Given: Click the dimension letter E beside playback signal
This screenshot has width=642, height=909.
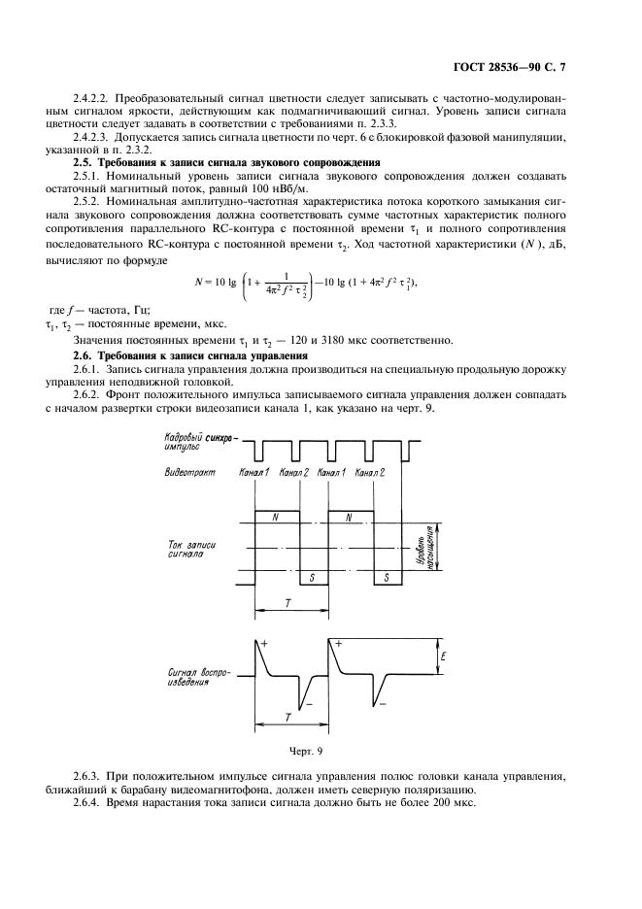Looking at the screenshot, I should tap(443, 657).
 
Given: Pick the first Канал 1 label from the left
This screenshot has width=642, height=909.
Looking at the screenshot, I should tap(253, 472).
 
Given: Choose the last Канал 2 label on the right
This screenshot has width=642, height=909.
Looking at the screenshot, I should tap(369, 472).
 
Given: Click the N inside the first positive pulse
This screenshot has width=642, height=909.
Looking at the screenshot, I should tap(277, 519).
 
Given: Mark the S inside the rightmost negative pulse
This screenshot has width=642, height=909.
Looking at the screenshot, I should tap(387, 577).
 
